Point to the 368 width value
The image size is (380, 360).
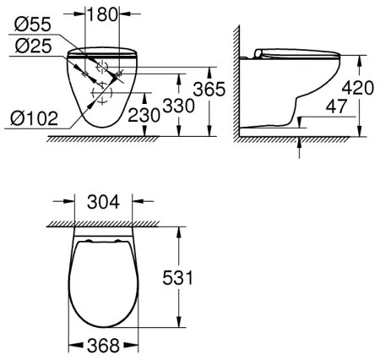[104, 345]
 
